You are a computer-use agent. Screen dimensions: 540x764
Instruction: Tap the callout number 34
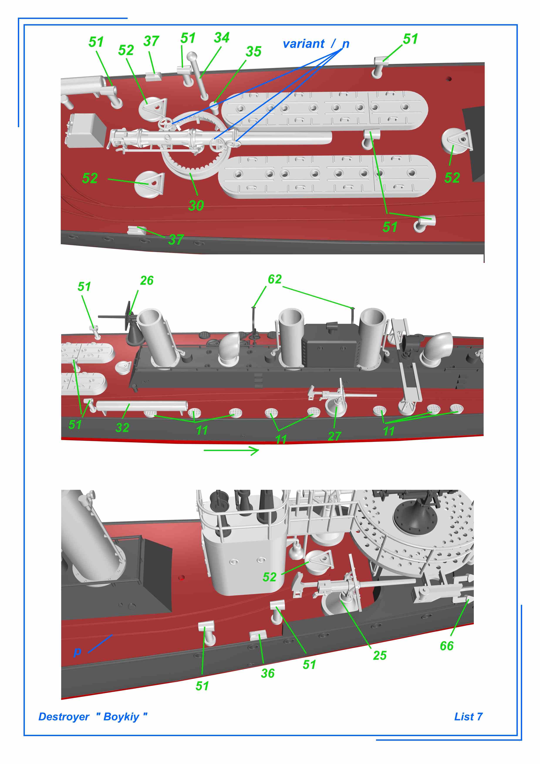tap(222, 38)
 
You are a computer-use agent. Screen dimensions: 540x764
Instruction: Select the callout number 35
tap(253, 52)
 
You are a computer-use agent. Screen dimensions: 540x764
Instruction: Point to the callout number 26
tap(147, 281)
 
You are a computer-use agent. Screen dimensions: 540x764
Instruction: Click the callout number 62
tap(275, 279)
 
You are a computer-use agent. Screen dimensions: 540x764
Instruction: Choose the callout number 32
tap(122, 428)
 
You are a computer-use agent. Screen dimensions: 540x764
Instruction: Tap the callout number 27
tap(334, 436)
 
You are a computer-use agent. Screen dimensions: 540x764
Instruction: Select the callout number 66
tap(447, 646)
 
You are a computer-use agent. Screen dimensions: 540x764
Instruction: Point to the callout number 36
tap(268, 673)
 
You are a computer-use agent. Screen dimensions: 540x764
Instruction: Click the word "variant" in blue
tap(304, 44)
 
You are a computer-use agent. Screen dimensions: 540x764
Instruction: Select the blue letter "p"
tap(77, 652)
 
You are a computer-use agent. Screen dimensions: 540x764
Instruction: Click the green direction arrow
tap(231, 451)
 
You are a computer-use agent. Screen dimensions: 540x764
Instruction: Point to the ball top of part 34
tap(192, 57)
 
